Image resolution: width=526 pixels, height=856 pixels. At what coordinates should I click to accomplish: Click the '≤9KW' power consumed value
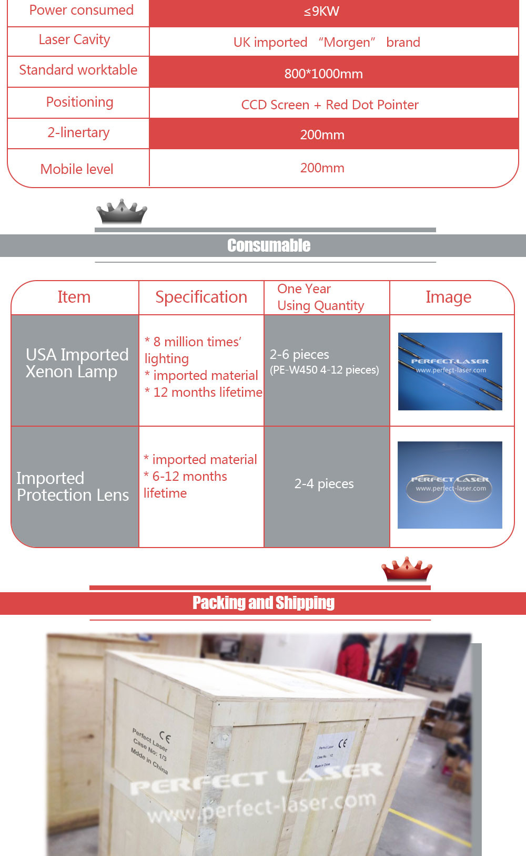coord(321,12)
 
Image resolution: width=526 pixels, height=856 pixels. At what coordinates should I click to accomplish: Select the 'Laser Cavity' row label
coord(74,40)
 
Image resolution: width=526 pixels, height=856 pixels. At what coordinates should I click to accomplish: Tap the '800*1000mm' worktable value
coord(323,74)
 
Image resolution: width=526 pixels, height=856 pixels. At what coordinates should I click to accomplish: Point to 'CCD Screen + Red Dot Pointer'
coord(330,105)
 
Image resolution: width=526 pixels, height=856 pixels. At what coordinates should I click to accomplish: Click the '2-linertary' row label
coord(78,132)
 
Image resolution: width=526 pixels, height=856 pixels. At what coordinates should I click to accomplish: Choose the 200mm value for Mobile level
coord(322,168)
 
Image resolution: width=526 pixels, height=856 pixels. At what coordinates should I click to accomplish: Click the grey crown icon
coord(122,211)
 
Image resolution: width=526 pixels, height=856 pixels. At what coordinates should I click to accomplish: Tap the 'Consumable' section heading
coord(268,245)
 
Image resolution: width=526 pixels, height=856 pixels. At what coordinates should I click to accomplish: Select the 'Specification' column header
coord(201,297)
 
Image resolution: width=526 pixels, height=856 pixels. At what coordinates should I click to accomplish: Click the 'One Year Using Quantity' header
coord(320,297)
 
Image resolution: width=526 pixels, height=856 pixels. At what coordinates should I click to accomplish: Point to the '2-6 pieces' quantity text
coord(299,355)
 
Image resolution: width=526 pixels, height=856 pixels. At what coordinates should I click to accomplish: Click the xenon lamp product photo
coord(450,371)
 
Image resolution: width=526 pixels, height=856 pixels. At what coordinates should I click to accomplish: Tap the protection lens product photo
coord(450,484)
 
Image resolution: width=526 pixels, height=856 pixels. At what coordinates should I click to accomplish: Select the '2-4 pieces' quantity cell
coord(324,484)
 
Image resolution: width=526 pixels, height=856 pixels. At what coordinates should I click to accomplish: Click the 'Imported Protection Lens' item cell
coord(73,487)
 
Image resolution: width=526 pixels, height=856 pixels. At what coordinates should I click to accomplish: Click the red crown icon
coord(406,569)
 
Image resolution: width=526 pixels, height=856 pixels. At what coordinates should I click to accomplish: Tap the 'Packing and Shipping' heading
coord(264,603)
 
